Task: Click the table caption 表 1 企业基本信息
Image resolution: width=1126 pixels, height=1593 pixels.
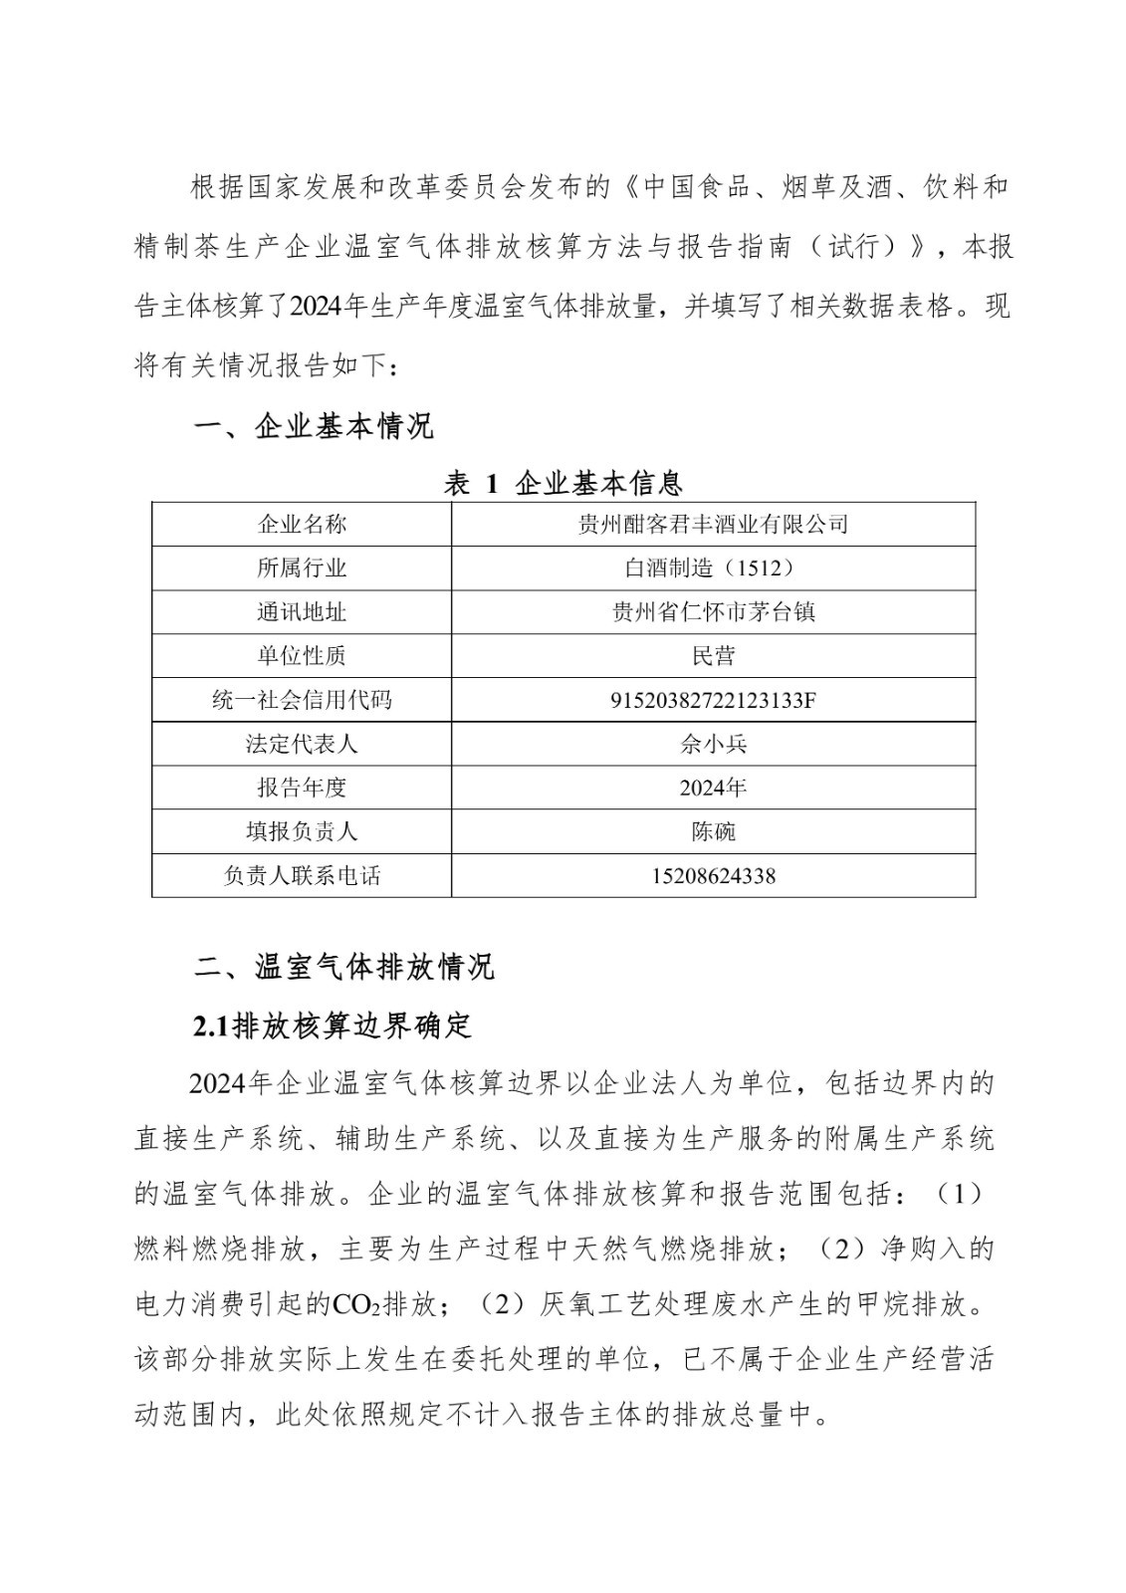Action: [x=563, y=484]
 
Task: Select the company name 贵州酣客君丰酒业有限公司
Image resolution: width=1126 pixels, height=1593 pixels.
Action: [x=713, y=524]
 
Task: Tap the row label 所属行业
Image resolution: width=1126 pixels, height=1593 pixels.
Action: [x=302, y=568]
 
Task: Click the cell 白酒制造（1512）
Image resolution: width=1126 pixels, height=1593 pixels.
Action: [x=713, y=568]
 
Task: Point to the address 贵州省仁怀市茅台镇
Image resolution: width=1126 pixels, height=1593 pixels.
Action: [x=713, y=611]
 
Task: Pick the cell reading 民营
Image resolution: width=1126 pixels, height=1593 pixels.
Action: [x=713, y=655]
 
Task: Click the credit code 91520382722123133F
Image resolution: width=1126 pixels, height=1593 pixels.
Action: [x=713, y=700]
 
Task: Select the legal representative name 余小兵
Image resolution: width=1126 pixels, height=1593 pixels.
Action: [x=713, y=744]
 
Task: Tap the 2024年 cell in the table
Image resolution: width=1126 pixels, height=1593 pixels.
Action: [x=713, y=788]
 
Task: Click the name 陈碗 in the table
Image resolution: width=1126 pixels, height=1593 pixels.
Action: [x=713, y=831]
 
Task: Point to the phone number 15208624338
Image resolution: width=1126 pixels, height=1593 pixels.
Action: [x=713, y=876]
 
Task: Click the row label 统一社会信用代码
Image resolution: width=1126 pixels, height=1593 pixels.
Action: [x=302, y=700]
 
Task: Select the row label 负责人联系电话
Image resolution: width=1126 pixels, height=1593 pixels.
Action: [x=302, y=876]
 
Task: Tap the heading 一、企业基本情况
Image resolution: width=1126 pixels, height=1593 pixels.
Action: [x=314, y=427]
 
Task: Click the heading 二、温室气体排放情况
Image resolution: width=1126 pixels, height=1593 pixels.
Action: [x=343, y=967]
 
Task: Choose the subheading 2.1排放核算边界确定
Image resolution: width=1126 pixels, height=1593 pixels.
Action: [x=333, y=1025]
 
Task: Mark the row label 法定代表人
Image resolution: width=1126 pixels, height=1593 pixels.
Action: [x=302, y=744]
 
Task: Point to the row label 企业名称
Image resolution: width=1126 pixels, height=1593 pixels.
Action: [x=302, y=524]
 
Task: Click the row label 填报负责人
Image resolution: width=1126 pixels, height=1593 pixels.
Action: [x=302, y=831]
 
